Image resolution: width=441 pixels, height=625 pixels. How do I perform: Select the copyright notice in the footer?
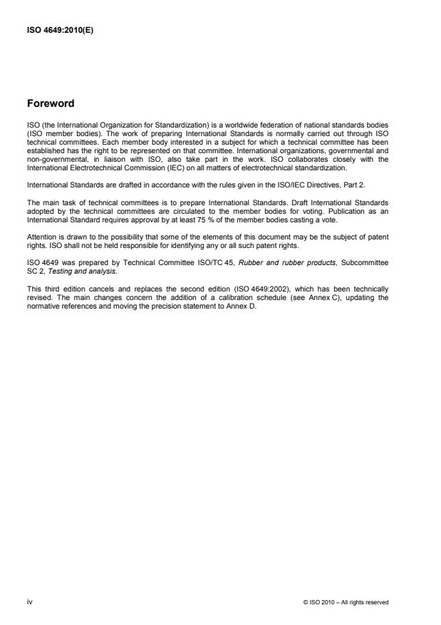pos(346,602)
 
